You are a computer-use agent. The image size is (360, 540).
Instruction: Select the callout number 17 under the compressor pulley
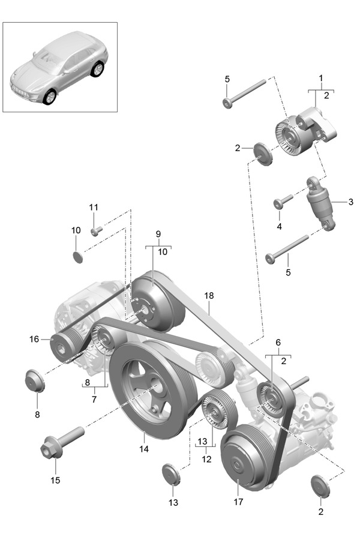point(238,502)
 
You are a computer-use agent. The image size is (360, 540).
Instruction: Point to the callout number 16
point(34,339)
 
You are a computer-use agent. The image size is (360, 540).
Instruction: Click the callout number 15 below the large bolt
point(55,480)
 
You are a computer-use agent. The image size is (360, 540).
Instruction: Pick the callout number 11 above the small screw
point(93,207)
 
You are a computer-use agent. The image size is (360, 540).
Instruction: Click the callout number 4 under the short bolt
point(279,226)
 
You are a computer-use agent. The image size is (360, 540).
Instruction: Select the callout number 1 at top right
point(321,78)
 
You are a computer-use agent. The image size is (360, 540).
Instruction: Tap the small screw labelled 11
point(96,230)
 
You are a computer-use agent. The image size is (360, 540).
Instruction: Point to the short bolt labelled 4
point(283,201)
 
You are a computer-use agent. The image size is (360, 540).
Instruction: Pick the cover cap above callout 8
point(35,380)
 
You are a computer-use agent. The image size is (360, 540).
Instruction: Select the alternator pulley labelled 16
point(61,346)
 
